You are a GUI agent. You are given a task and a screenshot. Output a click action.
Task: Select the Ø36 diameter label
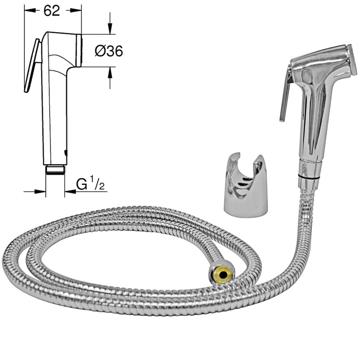point(109,51)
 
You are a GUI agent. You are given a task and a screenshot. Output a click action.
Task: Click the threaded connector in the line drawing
point(55,169)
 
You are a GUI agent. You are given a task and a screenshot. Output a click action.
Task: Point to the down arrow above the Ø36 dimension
point(110,26)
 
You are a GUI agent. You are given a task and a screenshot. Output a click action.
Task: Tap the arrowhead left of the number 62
point(31,11)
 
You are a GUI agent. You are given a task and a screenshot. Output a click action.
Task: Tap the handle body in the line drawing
point(54,116)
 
